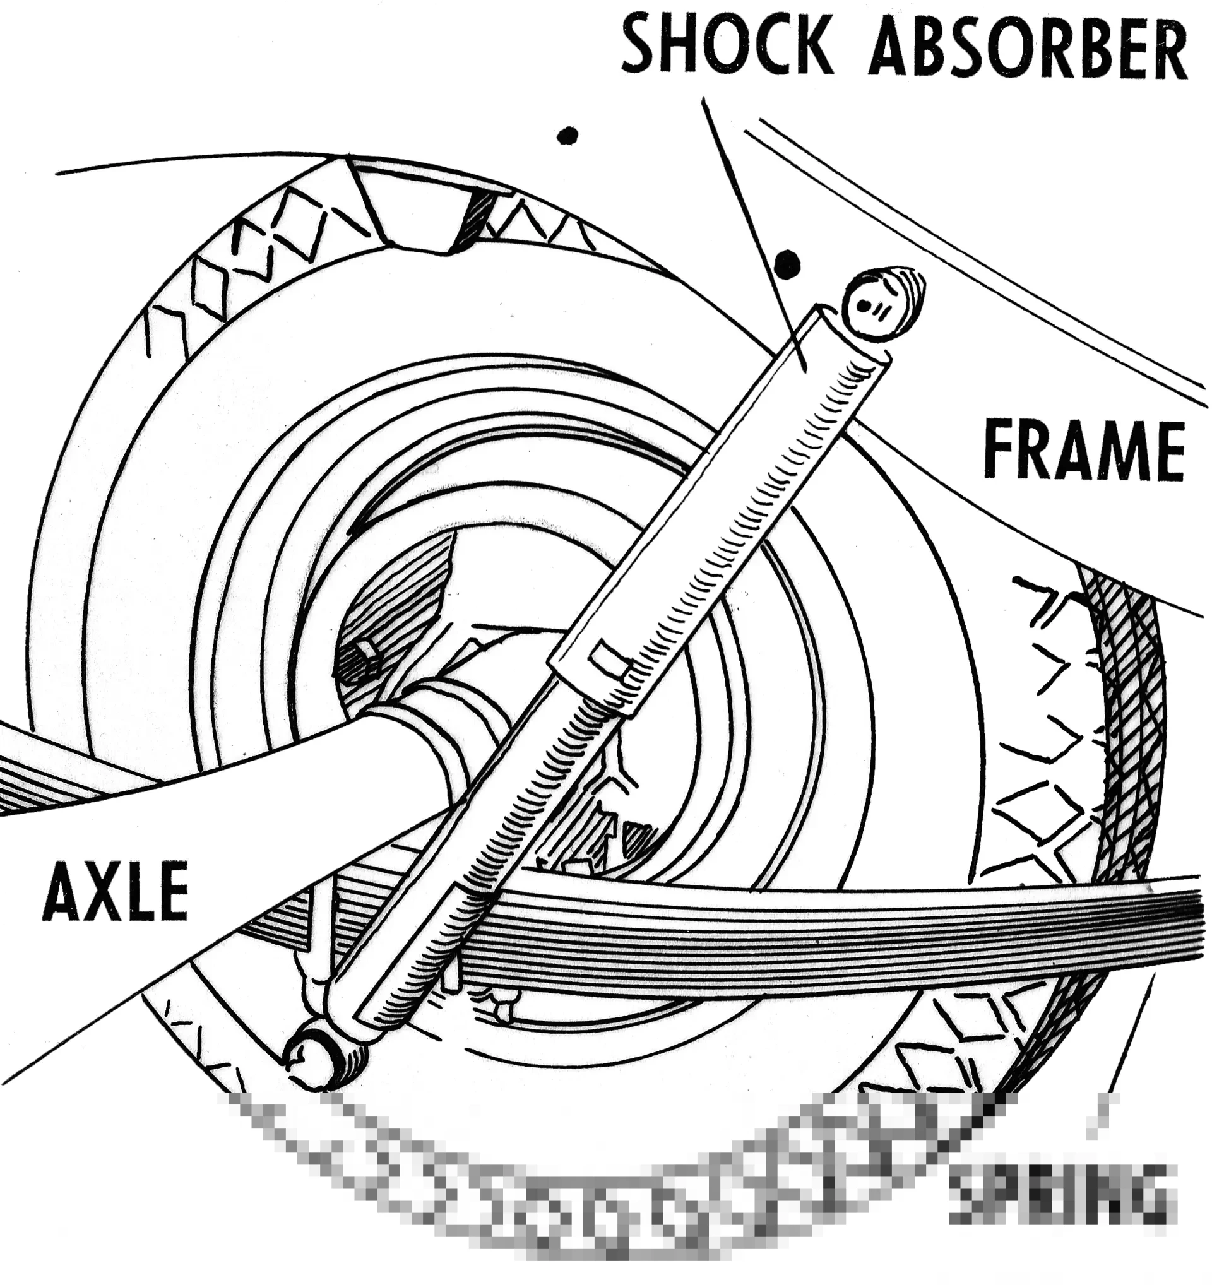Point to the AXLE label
[115, 891]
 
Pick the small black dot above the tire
[567, 135]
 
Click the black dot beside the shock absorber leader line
[788, 264]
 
